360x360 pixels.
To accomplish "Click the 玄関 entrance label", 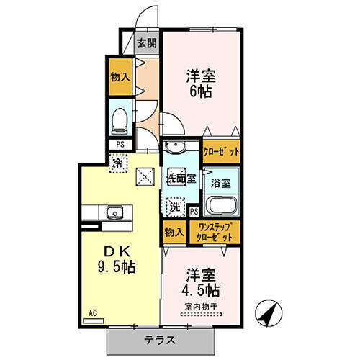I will [x=145, y=41].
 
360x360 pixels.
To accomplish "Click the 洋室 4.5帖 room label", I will [x=201, y=282].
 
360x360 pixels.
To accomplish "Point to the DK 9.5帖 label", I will [x=120, y=258].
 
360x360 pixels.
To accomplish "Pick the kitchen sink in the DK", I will [x=113, y=212].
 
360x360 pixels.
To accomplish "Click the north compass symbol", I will [x=269, y=312].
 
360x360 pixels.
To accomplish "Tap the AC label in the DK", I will [x=92, y=313].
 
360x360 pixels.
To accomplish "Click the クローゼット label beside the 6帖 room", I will [x=220, y=153].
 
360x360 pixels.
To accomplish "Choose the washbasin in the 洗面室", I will [x=174, y=148].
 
